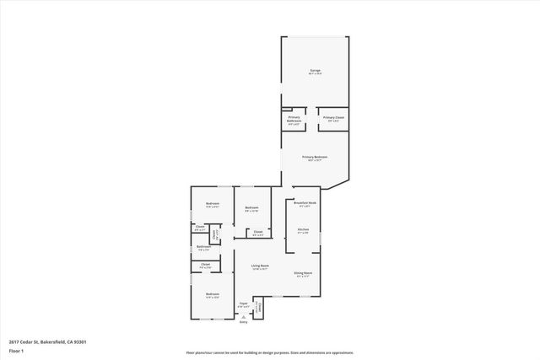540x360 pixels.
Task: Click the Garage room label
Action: click(315, 70)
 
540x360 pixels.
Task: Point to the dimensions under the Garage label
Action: click(315, 74)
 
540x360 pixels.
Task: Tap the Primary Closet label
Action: click(334, 117)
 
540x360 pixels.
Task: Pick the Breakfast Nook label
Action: click(305, 203)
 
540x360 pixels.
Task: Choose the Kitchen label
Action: click(304, 228)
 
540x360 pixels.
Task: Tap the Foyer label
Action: click(243, 303)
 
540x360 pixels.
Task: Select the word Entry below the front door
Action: click(243, 322)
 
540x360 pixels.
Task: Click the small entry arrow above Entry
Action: click(243, 316)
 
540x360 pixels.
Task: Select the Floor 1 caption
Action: click(15, 351)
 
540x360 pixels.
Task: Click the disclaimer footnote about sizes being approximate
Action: click(269, 352)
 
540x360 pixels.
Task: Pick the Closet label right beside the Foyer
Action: click(258, 305)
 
